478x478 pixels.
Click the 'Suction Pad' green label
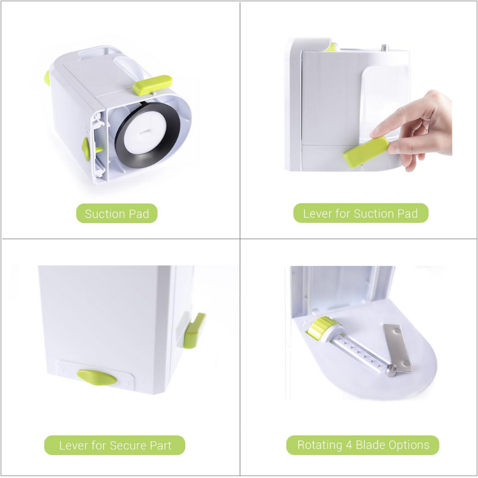117,214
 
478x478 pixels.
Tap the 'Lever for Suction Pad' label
361,213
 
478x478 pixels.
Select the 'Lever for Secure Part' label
115,445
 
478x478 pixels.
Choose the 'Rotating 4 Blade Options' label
363,445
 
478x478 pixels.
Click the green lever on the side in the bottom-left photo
195,329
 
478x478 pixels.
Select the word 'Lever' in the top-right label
317,213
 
